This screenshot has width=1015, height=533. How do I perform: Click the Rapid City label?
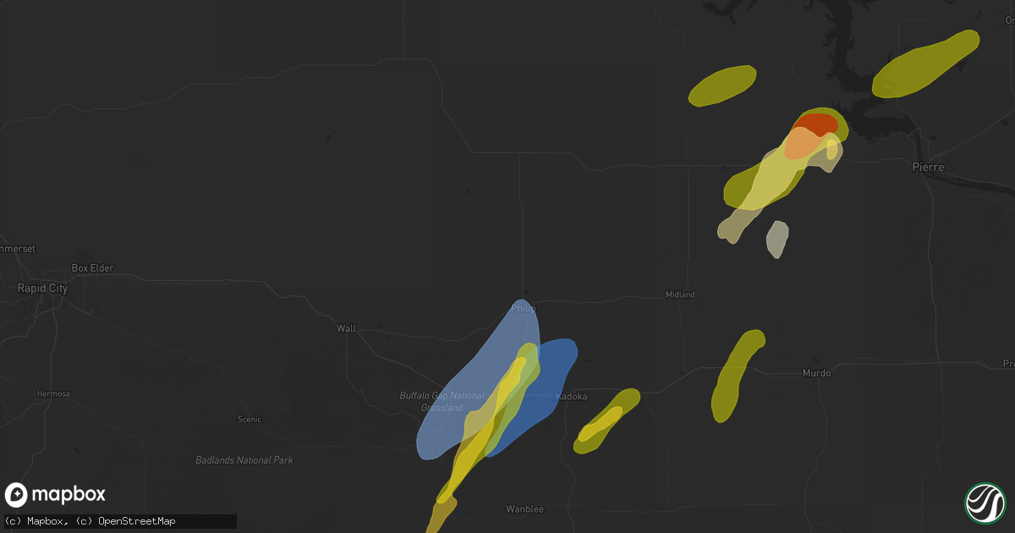click(x=42, y=288)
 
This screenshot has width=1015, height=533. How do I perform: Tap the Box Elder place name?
click(x=92, y=268)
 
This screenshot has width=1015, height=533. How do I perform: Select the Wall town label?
click(x=346, y=328)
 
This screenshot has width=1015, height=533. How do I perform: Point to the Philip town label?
click(x=524, y=309)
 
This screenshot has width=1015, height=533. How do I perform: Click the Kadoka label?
click(x=571, y=396)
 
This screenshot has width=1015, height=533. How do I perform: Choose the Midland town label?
click(x=680, y=294)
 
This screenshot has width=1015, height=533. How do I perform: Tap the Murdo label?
click(x=816, y=373)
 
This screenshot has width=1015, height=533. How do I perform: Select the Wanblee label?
click(x=524, y=508)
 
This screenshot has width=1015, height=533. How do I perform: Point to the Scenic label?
click(x=250, y=420)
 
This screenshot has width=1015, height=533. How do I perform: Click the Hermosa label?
click(x=53, y=394)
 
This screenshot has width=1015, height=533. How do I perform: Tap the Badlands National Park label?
click(x=244, y=460)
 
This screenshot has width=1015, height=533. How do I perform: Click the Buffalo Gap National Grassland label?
click(x=442, y=401)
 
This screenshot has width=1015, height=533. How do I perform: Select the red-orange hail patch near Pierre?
click(x=817, y=124)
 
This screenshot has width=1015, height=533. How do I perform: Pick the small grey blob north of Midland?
click(x=777, y=238)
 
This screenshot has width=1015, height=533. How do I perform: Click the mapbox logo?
click(x=56, y=495)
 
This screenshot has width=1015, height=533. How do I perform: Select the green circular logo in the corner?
click(x=985, y=502)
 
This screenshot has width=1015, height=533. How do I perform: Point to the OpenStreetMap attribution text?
click(x=137, y=522)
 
